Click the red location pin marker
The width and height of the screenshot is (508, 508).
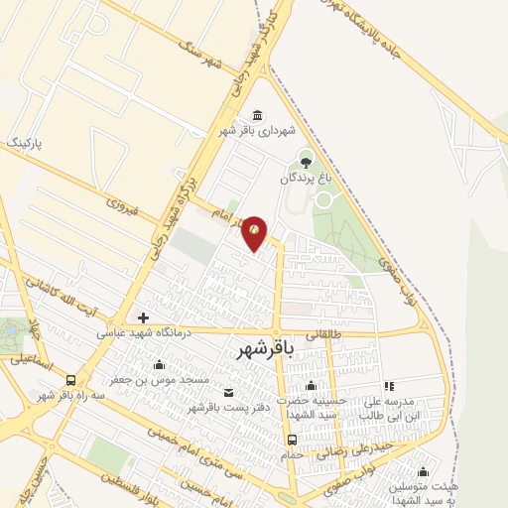click(255, 232)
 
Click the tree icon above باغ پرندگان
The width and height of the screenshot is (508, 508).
click(306, 160)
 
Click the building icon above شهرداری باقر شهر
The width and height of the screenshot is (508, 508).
click(258, 113)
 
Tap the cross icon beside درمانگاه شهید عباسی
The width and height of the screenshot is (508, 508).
click(144, 318)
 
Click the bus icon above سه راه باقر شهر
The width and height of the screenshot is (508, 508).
click(70, 380)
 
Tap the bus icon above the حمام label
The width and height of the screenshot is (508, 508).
click(292, 439)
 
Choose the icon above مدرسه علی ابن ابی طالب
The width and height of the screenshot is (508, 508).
click(389, 385)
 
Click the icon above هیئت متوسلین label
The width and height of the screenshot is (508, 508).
click(424, 471)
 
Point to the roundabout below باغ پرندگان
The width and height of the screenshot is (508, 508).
click(323, 198)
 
